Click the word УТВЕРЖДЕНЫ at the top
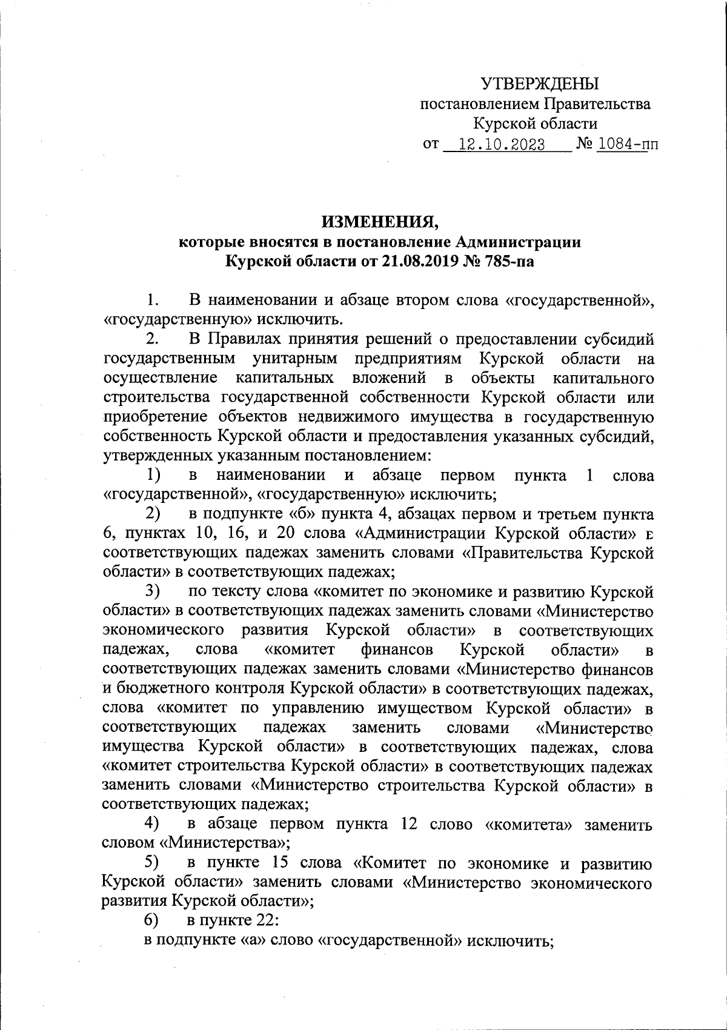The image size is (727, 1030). click(539, 84)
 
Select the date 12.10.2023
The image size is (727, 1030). click(502, 145)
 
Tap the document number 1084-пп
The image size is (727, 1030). click(628, 145)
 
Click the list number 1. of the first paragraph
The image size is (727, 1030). click(153, 300)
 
